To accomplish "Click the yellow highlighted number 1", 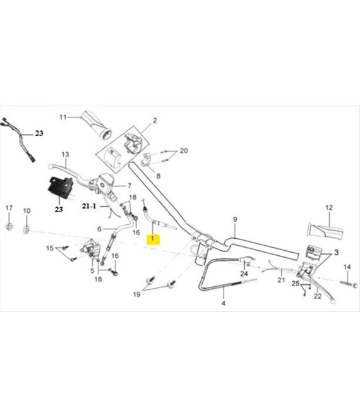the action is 153,239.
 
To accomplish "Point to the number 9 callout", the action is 235,220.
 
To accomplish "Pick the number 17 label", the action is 9,208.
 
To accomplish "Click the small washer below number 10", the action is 27,229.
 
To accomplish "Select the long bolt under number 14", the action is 348,284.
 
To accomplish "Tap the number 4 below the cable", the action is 224,303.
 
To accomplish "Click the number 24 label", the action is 244,274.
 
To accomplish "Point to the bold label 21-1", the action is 89,206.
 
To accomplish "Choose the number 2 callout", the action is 155,121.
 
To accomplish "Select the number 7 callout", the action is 129,185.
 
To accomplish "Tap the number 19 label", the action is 136,294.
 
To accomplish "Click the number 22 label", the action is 318,296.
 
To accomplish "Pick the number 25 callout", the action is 296,284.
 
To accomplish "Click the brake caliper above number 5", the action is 91,249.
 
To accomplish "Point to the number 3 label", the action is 337,252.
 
